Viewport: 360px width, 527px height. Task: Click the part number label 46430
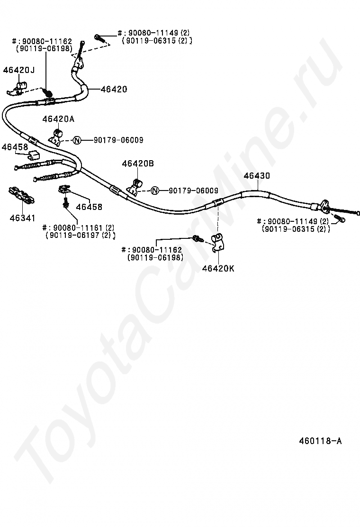(x=257, y=176)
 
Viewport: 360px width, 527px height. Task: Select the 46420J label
(x=19, y=70)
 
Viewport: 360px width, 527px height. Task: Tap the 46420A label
(x=58, y=119)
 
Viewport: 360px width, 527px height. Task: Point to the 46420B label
(x=138, y=164)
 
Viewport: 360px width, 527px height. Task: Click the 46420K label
(x=218, y=268)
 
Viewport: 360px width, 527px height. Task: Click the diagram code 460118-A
(x=320, y=441)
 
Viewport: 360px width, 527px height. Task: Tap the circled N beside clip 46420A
(x=78, y=140)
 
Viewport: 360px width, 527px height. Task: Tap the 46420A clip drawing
(x=57, y=136)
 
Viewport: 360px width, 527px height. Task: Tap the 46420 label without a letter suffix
(x=113, y=89)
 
